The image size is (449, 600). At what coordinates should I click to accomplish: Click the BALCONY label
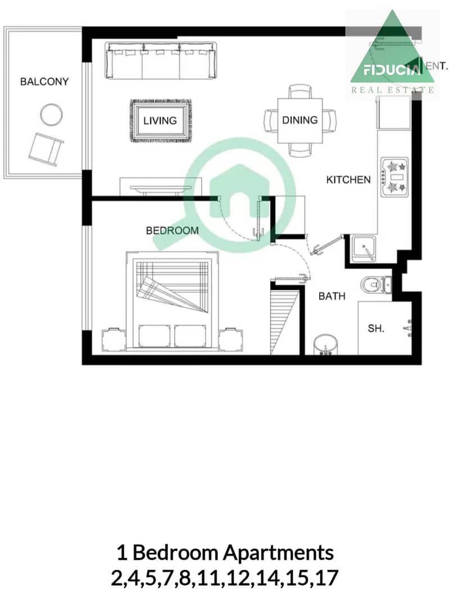(44, 81)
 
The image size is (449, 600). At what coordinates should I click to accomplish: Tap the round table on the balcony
(51, 115)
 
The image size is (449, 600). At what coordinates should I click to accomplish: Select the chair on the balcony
(46, 149)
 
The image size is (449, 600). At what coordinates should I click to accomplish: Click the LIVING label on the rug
(160, 121)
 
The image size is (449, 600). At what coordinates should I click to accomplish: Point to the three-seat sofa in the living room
(161, 61)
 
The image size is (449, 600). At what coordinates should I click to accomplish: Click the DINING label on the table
(300, 120)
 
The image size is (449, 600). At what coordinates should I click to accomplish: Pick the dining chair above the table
(300, 92)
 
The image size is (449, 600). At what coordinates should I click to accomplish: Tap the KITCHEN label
(348, 179)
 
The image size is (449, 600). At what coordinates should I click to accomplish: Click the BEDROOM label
(173, 230)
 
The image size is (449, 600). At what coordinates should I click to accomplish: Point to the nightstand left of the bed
(114, 339)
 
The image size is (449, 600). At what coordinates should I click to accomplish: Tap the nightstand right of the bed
(230, 339)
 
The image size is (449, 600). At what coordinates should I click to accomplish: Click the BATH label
(332, 296)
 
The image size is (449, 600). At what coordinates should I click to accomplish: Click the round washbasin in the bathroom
(325, 346)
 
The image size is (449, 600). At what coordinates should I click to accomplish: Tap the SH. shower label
(376, 328)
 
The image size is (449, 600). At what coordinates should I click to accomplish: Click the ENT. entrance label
(437, 66)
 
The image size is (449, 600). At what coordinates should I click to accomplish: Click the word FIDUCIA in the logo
(389, 70)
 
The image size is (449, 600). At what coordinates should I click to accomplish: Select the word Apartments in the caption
(278, 553)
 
